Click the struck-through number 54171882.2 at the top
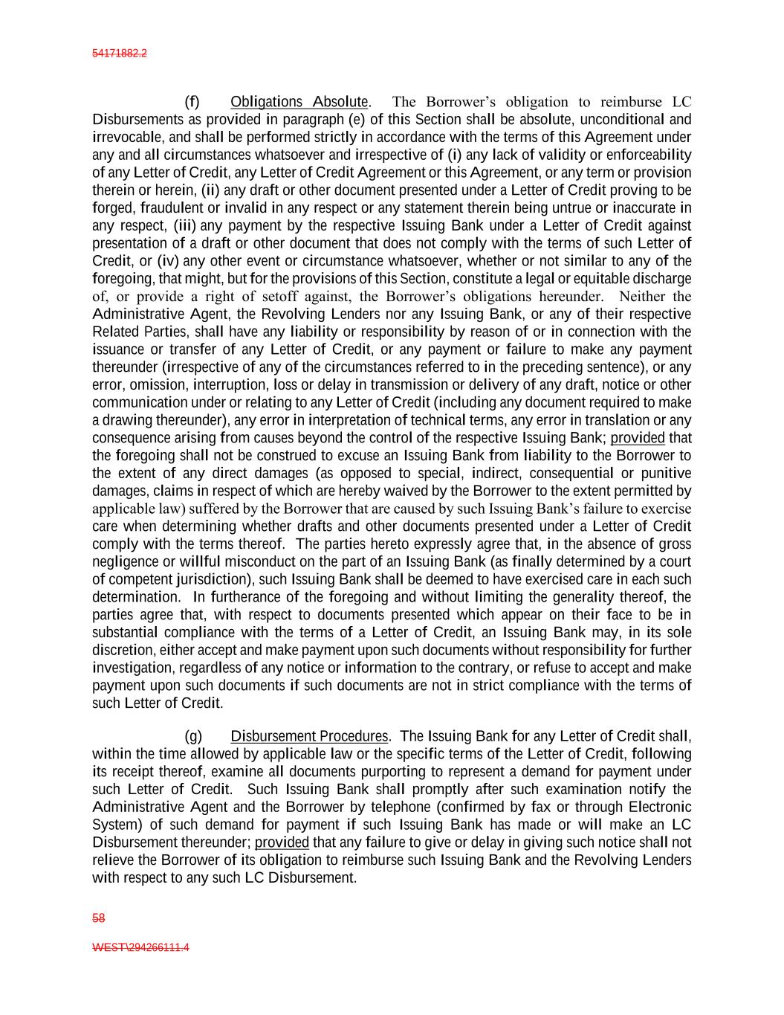point(119,54)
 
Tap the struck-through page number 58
point(98,918)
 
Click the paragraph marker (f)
point(192,102)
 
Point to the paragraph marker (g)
point(192,736)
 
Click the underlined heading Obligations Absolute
point(299,102)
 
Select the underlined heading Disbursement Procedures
point(309,736)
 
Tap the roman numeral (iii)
point(185,225)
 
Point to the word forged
point(113,207)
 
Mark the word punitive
point(666,473)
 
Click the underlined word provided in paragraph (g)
point(282,842)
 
